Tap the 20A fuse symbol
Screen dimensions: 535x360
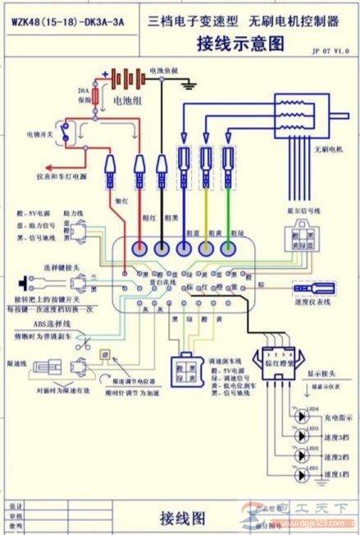[97, 98]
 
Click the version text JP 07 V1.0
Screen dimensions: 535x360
[330, 51]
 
